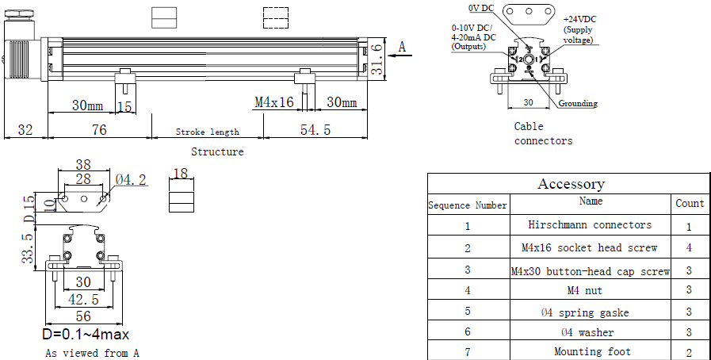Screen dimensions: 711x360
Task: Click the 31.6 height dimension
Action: [377, 59]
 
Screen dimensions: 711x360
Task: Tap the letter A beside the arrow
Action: [402, 47]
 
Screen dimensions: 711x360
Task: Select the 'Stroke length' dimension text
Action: [207, 132]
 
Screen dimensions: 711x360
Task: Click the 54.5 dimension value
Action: [315, 130]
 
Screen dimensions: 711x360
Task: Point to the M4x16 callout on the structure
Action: [274, 102]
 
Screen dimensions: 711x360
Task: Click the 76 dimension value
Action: [99, 130]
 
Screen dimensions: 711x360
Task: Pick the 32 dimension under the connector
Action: [25, 130]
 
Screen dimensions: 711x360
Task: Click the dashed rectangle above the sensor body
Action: [276, 17]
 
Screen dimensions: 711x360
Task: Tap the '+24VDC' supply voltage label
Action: [579, 20]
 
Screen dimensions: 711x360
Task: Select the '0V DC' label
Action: [480, 8]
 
